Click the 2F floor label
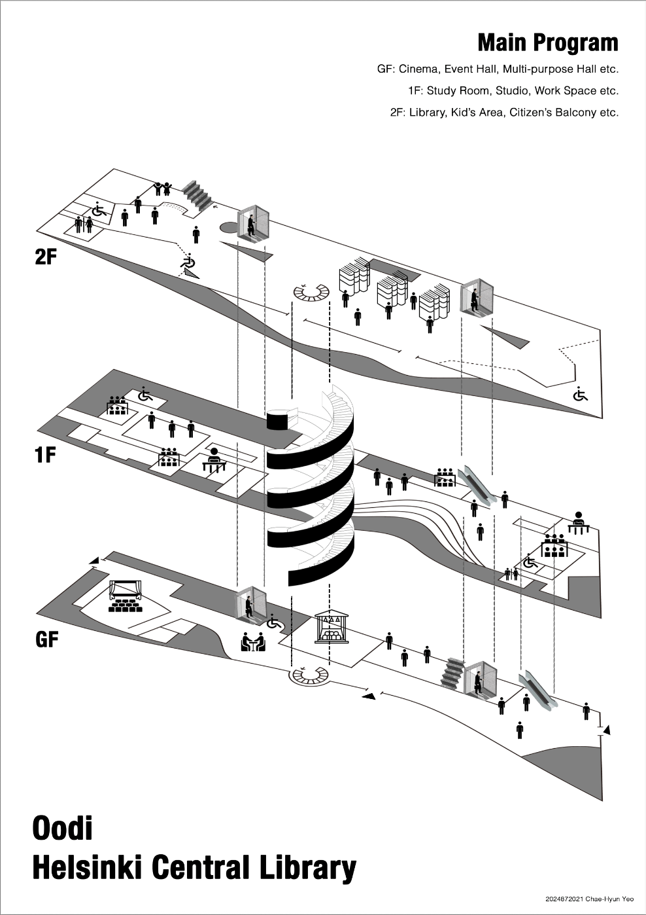coord(46,257)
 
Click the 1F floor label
coord(45,454)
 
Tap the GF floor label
coord(47,639)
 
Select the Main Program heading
coord(547,43)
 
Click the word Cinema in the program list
coord(418,69)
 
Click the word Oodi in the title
coord(63,828)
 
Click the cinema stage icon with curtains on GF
coord(125,596)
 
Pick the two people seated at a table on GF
coord(253,642)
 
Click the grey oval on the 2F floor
coord(229,228)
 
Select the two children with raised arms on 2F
coord(162,188)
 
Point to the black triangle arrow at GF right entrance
coord(607,729)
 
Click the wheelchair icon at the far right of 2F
coord(580,394)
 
